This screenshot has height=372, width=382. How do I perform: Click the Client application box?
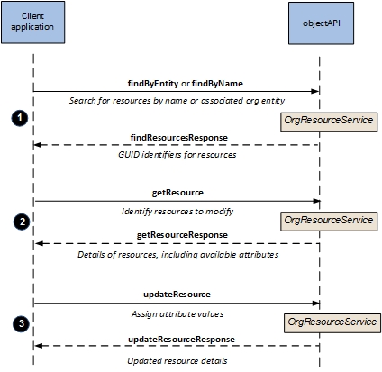32,23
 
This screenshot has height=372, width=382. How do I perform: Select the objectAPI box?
321,23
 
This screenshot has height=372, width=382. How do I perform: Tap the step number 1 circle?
20,118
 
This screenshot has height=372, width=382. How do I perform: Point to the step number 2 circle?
22,222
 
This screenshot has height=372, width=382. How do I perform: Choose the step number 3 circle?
21,324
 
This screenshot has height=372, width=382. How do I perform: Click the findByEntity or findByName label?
186,84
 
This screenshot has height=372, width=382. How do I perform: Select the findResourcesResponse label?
179,138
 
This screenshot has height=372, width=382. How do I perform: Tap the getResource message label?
177,193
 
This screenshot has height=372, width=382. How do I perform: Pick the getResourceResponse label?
182,235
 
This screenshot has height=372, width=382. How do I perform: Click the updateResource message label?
177,295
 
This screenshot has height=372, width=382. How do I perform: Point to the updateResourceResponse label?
181,340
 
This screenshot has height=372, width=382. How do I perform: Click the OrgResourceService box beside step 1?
329,122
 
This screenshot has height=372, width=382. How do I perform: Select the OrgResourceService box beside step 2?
329,222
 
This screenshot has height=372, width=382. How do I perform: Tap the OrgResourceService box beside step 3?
332,323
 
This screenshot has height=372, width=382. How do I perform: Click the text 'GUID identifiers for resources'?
177,155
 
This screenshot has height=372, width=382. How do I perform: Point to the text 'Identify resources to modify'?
177,212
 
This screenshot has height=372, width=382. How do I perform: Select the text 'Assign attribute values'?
177,314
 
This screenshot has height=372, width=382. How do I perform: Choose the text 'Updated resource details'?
177,360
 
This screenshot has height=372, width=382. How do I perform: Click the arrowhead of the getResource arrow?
316,201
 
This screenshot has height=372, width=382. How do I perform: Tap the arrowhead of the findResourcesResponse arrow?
37,145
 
